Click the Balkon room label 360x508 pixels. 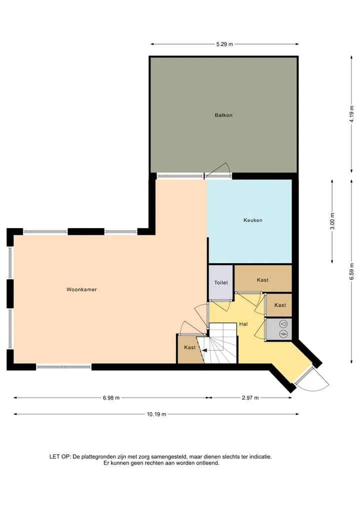(223, 115)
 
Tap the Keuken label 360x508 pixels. (252, 220)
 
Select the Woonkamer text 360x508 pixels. (81, 290)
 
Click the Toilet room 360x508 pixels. (221, 283)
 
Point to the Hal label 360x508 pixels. (243, 324)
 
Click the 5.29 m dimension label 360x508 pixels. (224, 44)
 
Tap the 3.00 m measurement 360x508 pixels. (332, 221)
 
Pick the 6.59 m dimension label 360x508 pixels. (351, 271)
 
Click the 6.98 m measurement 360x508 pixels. (111, 398)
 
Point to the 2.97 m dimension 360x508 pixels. (250, 398)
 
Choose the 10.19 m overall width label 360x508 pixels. (156, 414)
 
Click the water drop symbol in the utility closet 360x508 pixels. (283, 324)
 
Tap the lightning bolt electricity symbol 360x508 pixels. (283, 334)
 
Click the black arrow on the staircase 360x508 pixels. (204, 350)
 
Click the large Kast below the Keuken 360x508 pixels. (262, 280)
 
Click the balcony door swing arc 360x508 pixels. (220, 169)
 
